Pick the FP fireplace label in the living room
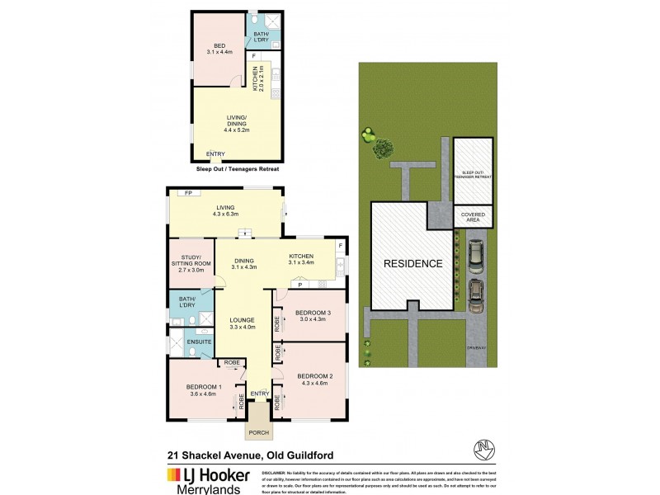click(188, 193)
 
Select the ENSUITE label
click(199, 342)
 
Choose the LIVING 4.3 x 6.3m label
click(225, 211)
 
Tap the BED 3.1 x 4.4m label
click(219, 49)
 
